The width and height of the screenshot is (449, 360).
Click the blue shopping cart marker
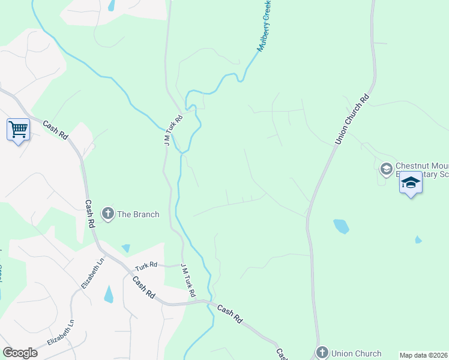(x=18, y=129)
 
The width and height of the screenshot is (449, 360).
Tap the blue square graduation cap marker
(x=411, y=182)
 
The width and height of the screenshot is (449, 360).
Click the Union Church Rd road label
(x=351, y=119)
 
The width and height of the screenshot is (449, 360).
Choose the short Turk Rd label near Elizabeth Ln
(x=145, y=265)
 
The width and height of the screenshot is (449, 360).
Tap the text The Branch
(x=138, y=214)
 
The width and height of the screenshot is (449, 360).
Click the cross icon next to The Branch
(x=108, y=213)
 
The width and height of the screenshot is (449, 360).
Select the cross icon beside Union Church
(x=322, y=353)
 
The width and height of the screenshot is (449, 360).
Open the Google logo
(x=20, y=353)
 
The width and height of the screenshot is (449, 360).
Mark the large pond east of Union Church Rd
(x=341, y=226)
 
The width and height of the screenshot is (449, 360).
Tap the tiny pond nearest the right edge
(x=418, y=239)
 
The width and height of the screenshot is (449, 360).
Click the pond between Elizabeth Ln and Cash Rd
(x=109, y=295)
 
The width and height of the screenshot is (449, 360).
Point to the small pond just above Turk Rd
(x=125, y=248)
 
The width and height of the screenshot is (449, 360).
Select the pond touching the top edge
(x=111, y=5)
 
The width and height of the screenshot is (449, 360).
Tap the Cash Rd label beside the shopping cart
(x=55, y=130)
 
